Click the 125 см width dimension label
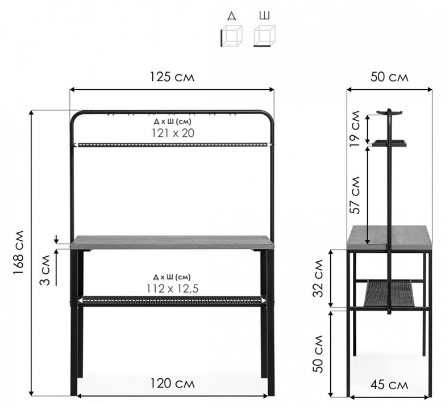coord(172,77)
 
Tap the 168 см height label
coord(19,252)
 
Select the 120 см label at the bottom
coord(172,383)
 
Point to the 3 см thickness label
coord(44,270)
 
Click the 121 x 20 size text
coord(173,133)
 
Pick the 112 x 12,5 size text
coord(173,289)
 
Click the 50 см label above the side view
coord(389,77)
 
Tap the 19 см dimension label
coord(355,128)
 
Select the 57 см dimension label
coord(355,195)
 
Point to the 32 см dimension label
coord(318,278)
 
